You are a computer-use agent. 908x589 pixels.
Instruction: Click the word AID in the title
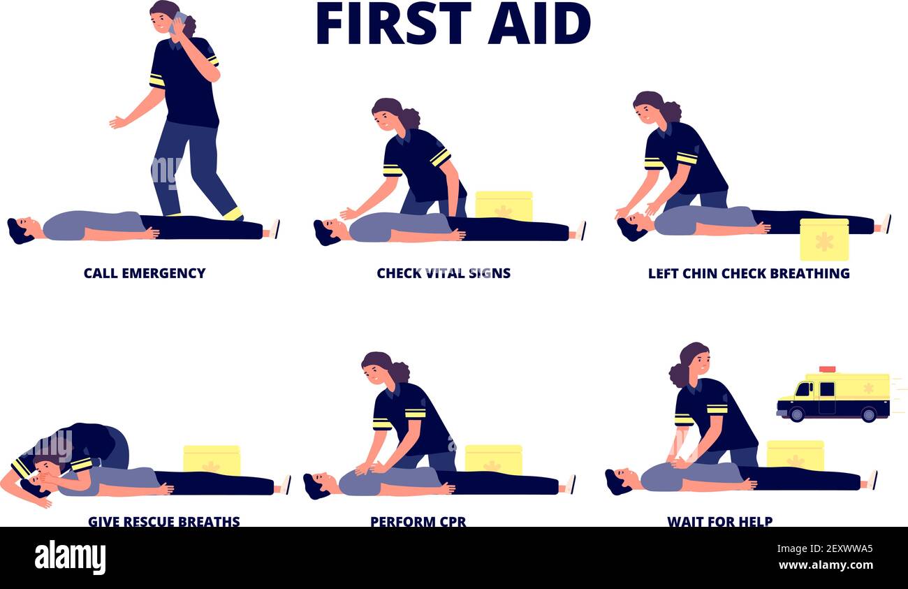tap(539, 23)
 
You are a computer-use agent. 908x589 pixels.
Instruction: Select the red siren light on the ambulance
tap(827, 369)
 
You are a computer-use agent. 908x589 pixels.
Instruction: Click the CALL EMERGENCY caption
tap(145, 272)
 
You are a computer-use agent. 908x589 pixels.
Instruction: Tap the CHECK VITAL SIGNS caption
tap(444, 272)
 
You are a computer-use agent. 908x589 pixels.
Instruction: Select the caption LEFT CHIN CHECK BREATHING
tap(749, 272)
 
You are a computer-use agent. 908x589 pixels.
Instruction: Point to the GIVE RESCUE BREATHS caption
tap(163, 521)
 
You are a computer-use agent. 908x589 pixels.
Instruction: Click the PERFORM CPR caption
tap(418, 521)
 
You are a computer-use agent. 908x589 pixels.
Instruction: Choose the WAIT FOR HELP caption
tap(719, 521)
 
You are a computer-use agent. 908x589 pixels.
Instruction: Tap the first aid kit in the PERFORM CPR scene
tap(493, 459)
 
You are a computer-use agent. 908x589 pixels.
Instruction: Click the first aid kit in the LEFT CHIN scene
tap(824, 239)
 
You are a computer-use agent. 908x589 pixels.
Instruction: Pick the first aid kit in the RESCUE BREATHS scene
tap(212, 460)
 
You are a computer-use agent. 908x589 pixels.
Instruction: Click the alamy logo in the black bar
tap(71, 558)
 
